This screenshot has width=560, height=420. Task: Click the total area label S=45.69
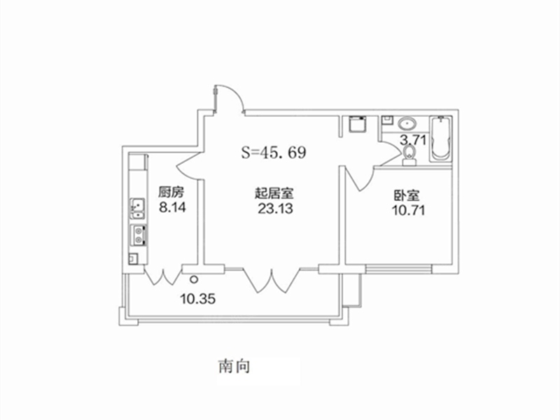(274, 153)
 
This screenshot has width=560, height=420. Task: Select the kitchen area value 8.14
(172, 207)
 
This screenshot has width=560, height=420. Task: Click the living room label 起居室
(274, 193)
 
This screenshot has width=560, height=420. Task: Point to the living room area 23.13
(275, 209)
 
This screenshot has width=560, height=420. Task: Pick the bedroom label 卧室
(407, 195)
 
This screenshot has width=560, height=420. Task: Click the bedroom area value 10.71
(409, 211)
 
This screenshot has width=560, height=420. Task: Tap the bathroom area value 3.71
(413, 139)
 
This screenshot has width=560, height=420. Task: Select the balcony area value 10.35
(197, 299)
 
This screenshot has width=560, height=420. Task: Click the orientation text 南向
(234, 366)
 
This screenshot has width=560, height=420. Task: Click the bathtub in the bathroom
(440, 139)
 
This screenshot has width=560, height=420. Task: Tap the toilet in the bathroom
(409, 156)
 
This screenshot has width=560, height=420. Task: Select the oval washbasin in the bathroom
(407, 124)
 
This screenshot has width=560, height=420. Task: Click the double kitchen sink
(138, 208)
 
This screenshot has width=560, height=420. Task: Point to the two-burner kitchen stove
(139, 235)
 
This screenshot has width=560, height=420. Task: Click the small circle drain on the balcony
(194, 279)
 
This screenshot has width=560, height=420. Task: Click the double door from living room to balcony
(272, 280)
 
